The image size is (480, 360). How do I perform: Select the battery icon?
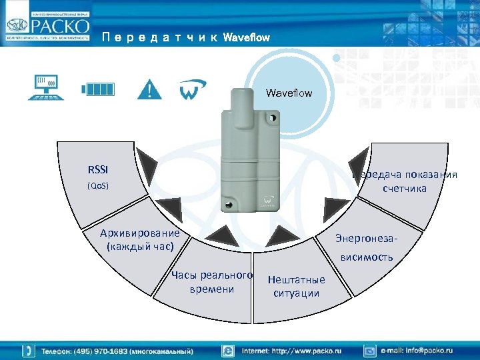click(x=100, y=89)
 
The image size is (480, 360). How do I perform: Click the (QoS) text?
click(x=98, y=186)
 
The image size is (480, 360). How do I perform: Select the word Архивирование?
click(x=140, y=233)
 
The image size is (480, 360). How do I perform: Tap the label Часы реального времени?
click(x=212, y=282)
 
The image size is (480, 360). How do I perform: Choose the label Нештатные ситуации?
click(x=296, y=287)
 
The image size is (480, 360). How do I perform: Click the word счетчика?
click(x=404, y=189)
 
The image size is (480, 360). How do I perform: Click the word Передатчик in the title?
click(x=160, y=37)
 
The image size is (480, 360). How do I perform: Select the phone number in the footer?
click(x=117, y=351)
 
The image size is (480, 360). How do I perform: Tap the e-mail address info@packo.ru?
click(x=416, y=350)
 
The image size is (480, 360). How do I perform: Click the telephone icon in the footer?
click(x=29, y=351)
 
